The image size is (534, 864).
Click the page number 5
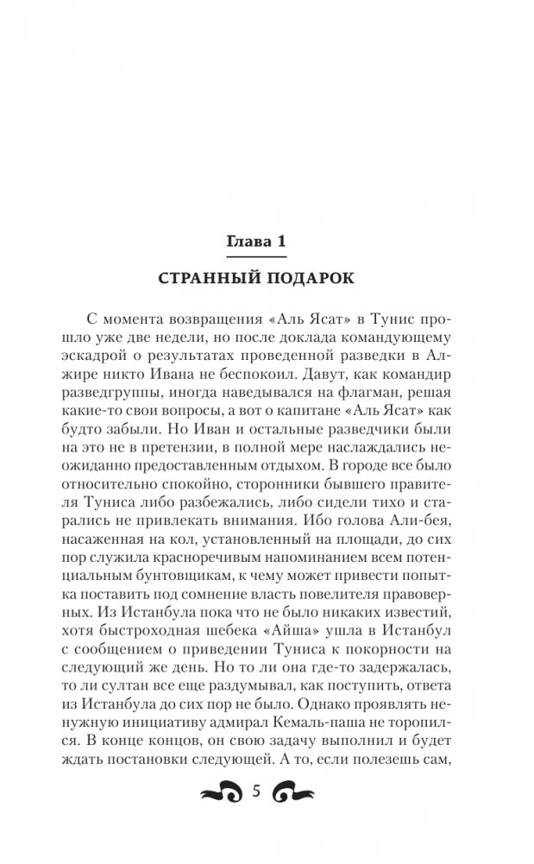tap(255, 795)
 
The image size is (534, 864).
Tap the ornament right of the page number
tap(292, 795)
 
